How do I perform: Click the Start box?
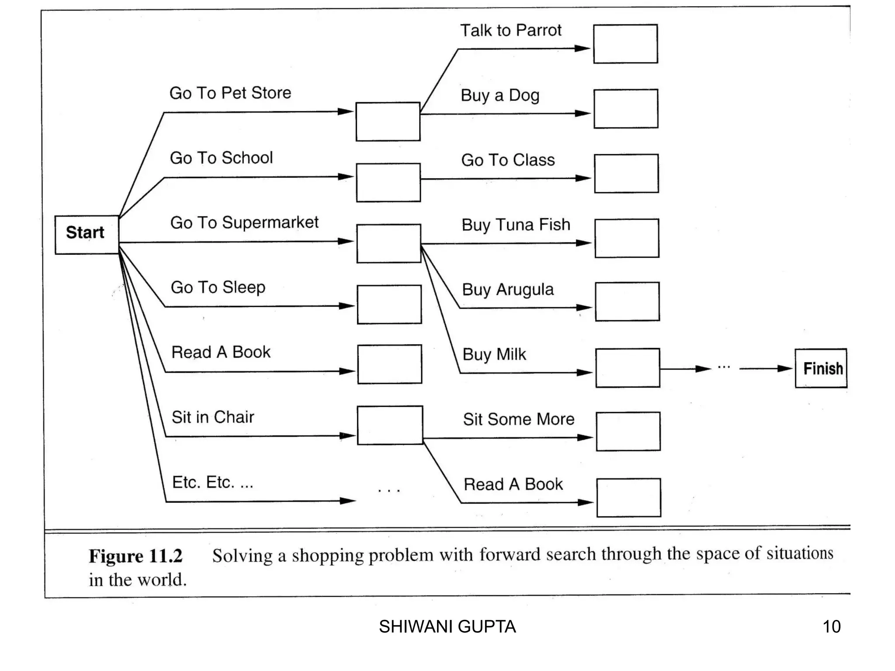87,235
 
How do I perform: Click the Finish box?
821,368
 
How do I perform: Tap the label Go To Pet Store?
230,93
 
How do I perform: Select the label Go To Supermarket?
244,222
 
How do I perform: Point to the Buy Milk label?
494,354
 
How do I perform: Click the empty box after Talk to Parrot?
625,44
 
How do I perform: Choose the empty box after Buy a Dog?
626,109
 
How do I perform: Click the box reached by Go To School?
388,183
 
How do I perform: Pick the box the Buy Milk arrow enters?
628,368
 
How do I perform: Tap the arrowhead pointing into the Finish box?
785,368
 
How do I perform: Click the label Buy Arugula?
508,290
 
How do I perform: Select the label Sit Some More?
519,419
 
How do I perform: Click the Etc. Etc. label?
212,482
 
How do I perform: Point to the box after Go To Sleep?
389,304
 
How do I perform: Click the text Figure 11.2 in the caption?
135,556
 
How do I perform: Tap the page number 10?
831,626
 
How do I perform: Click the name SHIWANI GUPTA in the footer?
447,626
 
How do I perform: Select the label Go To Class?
508,160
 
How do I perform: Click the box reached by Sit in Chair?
390,425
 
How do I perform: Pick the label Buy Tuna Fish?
516,225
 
